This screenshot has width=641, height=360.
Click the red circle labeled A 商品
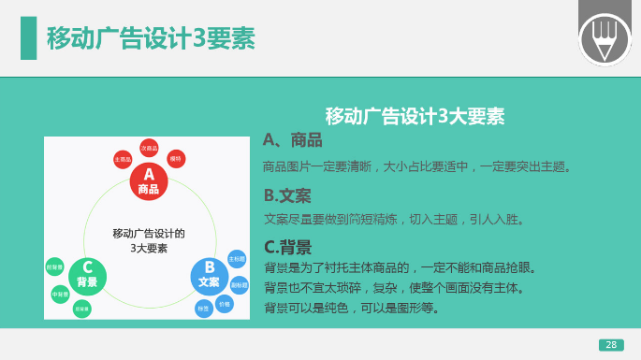[148, 181]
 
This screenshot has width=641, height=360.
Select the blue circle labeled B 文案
[209, 276]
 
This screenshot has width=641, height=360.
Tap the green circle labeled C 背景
[87, 276]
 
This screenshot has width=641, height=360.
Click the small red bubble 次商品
[149, 148]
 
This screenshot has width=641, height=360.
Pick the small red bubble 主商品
[123, 160]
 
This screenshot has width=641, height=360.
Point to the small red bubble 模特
[176, 158]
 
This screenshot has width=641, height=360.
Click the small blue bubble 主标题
[237, 258]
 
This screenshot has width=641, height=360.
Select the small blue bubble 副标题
[240, 283]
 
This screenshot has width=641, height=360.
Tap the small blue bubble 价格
[225, 304]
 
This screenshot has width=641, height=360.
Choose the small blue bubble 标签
[203, 308]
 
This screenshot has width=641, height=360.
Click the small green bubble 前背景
[54, 266]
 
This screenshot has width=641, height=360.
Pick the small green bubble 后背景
[82, 309]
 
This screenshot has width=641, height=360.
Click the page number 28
[611, 344]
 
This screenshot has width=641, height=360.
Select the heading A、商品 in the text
[293, 140]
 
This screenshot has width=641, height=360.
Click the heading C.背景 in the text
[287, 247]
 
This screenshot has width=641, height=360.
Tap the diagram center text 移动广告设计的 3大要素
[148, 240]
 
